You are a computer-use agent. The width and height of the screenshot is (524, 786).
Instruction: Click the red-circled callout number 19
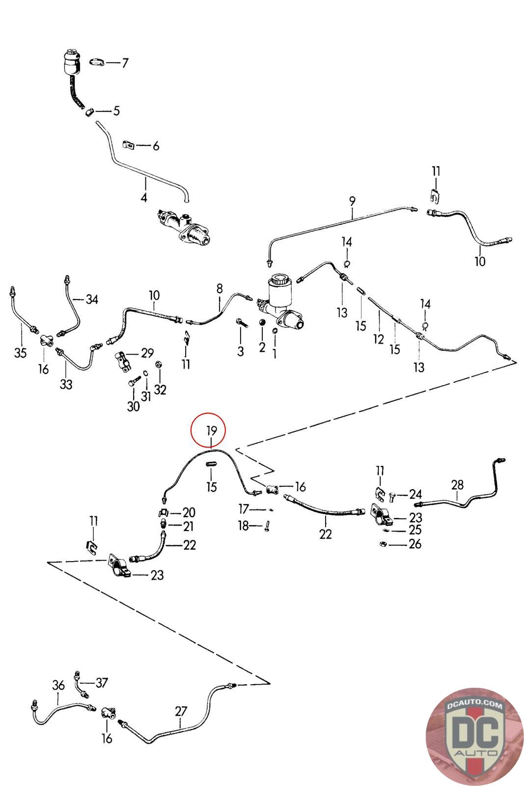pos(212,431)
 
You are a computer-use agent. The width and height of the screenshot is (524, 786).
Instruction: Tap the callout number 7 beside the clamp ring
pos(125,63)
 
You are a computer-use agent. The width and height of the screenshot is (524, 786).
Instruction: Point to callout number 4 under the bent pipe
pos(144,198)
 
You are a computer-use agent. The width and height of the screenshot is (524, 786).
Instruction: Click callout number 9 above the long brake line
pos(352,200)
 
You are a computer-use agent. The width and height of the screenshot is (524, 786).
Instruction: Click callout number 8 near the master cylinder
pos(220,288)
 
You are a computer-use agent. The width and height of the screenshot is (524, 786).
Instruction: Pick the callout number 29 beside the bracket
pos(147,353)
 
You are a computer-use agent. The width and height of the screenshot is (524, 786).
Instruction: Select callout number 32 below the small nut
pos(160,390)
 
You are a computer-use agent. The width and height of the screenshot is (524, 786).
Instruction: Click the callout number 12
pos(378,339)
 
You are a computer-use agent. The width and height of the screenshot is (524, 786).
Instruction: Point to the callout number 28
pos(457,485)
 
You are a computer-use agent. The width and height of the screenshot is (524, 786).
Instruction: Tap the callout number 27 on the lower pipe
pos(181,711)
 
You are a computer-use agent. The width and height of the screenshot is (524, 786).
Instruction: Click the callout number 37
pos(102,682)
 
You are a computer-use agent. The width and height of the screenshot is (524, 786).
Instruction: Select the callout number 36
pos(58,685)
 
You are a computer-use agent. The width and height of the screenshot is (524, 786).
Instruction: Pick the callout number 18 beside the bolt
pos(244,526)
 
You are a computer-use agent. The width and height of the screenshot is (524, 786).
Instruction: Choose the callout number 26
pos(415,544)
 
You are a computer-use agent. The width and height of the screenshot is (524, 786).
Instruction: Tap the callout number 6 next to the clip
pos(156,146)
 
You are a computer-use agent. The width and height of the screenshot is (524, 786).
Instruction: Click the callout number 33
pos(66,384)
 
